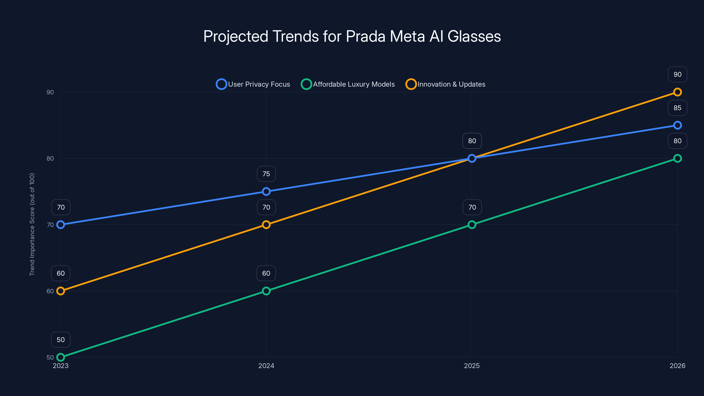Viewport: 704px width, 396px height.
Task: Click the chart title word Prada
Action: tap(365, 36)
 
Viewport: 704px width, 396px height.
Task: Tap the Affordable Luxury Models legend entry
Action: tap(348, 84)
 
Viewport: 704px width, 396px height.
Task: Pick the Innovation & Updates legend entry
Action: tap(445, 84)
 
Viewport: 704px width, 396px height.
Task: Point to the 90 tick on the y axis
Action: tap(50, 92)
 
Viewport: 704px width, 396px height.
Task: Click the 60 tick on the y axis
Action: tap(50, 291)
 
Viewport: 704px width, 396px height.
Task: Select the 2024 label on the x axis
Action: tap(266, 366)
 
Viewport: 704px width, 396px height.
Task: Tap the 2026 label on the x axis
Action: tap(677, 366)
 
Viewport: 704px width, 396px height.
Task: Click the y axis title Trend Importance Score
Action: tap(32, 224)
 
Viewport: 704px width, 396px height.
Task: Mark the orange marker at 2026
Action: tap(677, 92)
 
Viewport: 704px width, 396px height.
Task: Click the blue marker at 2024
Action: tap(266, 191)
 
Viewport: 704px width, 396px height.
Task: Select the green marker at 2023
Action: tap(60, 357)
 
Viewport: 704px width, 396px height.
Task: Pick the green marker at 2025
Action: tap(472, 225)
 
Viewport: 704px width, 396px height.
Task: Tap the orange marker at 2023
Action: tap(60, 291)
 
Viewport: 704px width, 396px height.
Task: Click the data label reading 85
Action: tap(677, 108)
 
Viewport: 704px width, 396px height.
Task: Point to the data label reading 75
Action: tap(266, 174)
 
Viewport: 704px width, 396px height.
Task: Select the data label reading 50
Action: tap(60, 340)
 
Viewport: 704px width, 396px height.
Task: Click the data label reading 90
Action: tap(677, 74)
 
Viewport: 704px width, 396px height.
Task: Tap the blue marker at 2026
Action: tap(677, 125)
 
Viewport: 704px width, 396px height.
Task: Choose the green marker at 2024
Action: tap(266, 291)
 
